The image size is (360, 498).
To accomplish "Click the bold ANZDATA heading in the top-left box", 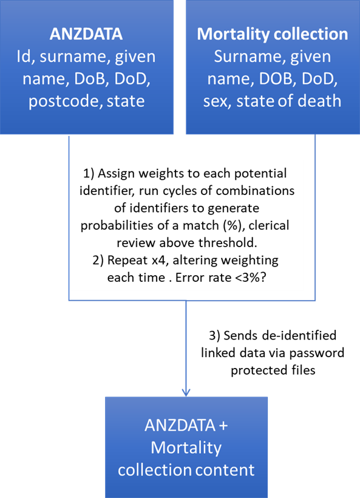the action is click(x=86, y=34).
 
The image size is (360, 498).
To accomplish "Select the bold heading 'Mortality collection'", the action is click(x=273, y=34).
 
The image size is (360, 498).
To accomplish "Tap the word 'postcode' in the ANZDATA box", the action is click(x=64, y=101).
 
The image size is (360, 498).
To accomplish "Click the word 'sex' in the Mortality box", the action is click(x=217, y=101).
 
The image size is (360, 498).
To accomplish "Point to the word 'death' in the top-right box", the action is click(x=321, y=101).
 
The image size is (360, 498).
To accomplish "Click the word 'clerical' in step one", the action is click(x=269, y=225).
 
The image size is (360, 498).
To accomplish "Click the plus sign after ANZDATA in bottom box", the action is click(x=223, y=426).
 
